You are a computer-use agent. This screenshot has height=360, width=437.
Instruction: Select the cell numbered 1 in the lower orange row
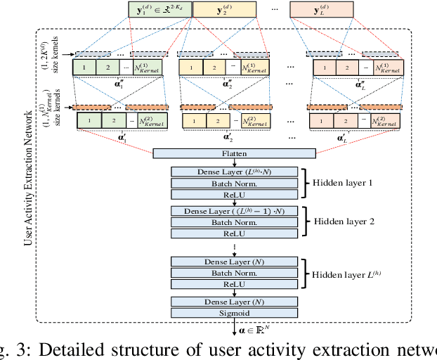(x=322, y=120)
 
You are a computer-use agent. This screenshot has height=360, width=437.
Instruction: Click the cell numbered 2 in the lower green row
(x=112, y=120)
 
